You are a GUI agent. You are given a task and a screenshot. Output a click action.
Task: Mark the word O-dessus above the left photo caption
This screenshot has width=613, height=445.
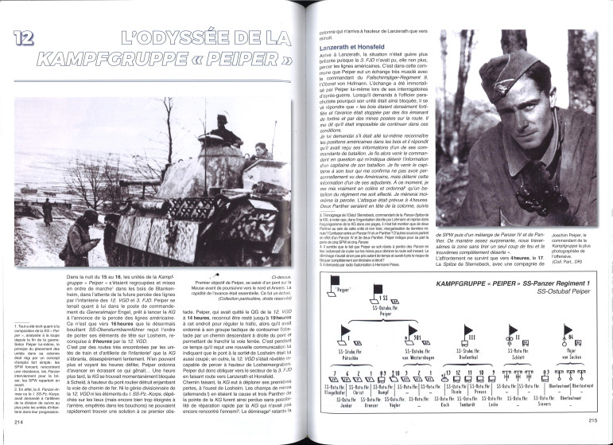coord(279,275)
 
